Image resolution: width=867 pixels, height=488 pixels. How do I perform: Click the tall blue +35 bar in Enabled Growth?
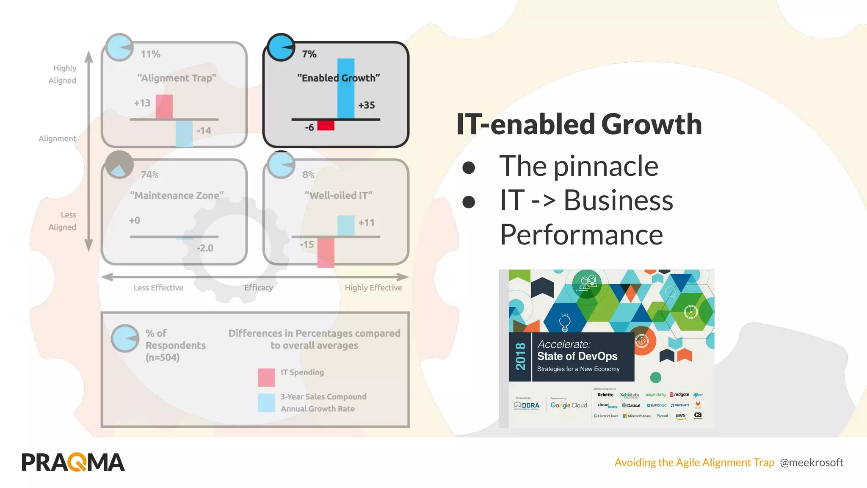345,89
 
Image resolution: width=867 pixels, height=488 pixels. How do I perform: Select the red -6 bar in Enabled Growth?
326,125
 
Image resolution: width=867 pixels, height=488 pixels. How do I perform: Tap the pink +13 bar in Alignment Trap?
164,107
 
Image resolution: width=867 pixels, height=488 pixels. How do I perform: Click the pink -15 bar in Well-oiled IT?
326,252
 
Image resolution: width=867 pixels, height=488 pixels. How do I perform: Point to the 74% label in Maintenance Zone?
149,175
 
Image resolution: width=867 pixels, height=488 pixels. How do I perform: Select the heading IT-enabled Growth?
579,124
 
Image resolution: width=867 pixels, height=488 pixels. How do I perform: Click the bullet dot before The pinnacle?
469,167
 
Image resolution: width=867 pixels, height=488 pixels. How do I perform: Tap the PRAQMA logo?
73,462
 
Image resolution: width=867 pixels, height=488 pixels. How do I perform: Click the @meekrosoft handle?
812,463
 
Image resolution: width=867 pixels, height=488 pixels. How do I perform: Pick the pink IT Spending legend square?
266,377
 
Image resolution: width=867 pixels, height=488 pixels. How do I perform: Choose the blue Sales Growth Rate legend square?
266,403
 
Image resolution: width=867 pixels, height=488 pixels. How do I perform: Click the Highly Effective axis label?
373,288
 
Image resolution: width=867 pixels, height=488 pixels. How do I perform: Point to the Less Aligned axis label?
63,221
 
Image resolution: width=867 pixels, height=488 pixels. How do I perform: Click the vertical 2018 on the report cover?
520,357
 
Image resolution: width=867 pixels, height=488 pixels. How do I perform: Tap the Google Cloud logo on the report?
569,405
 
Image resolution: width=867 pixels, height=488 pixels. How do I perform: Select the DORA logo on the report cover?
527,405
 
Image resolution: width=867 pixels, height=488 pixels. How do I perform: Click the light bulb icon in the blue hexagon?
565,322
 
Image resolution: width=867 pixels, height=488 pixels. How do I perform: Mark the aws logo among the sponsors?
680,416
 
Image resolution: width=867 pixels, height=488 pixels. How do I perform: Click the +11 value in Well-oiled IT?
366,222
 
